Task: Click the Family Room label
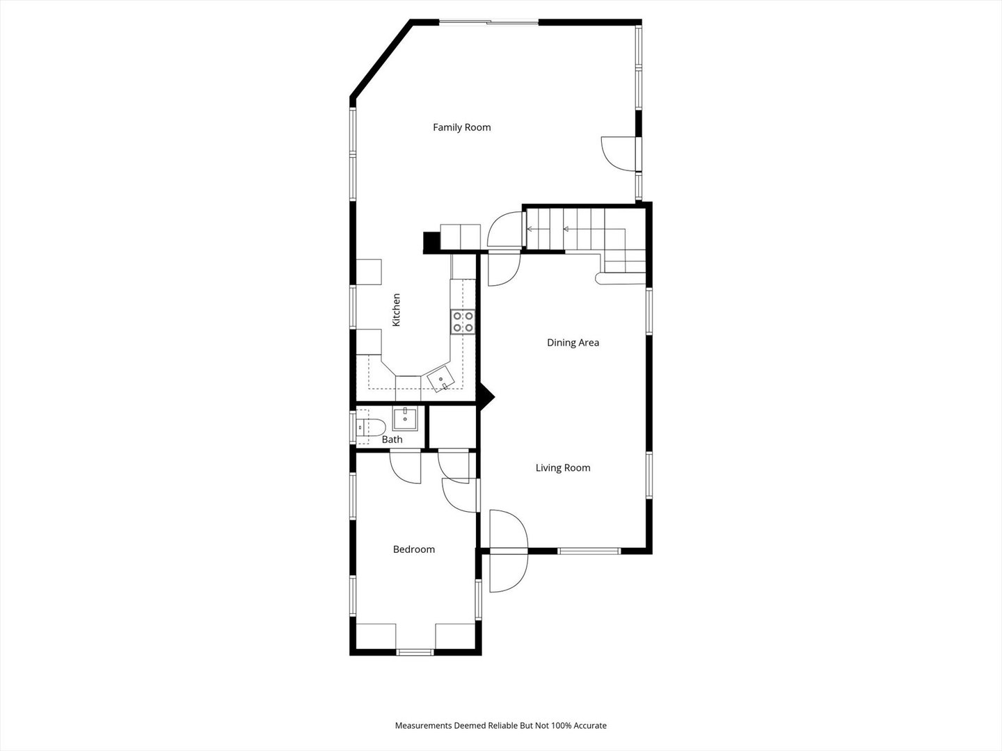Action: point(461,127)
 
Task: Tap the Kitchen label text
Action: point(396,309)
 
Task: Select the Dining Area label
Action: point(573,342)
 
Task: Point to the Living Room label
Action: point(563,468)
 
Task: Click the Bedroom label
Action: point(413,549)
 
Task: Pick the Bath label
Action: point(392,439)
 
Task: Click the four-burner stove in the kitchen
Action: point(463,321)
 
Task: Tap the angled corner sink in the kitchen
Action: point(440,378)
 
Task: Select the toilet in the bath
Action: point(371,427)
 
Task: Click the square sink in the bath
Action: point(405,419)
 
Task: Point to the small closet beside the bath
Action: point(453,426)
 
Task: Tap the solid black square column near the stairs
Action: point(431,243)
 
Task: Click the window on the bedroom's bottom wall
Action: point(415,652)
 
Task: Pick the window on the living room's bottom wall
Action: point(589,551)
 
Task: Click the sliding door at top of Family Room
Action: point(489,22)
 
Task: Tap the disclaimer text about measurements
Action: point(501,725)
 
